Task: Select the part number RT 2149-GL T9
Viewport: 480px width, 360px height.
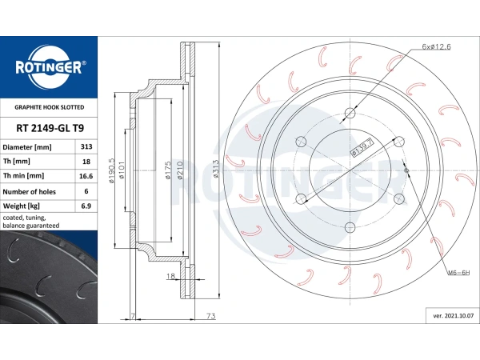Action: pos(50,128)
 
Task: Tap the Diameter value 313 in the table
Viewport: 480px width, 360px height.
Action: pos(86,146)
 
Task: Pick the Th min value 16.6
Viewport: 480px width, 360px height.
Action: pos(86,176)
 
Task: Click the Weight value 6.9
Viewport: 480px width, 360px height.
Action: pos(86,206)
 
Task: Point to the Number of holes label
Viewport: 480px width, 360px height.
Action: pos(29,192)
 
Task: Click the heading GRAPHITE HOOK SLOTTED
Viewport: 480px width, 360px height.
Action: pos(50,107)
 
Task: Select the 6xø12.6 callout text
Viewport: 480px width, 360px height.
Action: pos(436,47)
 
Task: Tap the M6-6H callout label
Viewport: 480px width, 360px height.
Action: pos(458,272)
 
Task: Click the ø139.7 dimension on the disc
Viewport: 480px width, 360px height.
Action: pos(362,147)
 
